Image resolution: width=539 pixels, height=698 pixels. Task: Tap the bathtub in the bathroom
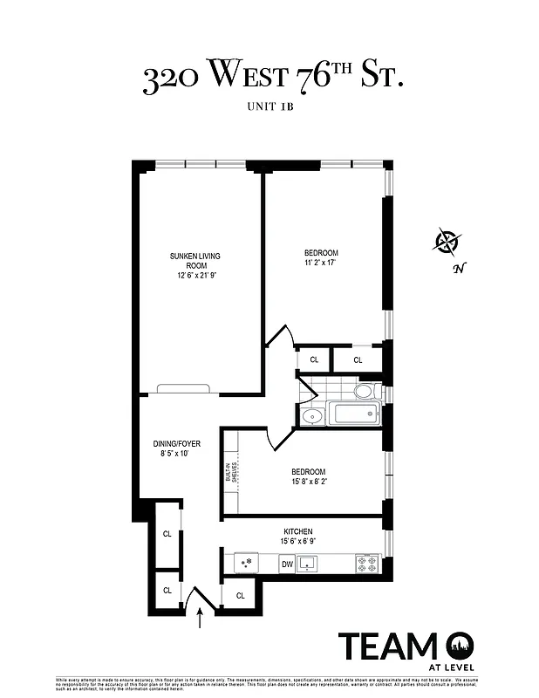pos(353,413)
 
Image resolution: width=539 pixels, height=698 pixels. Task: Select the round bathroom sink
pos(311,415)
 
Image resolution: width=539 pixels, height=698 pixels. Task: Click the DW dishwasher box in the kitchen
pos(287,565)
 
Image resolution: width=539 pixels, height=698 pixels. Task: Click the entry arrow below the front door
pos(201,619)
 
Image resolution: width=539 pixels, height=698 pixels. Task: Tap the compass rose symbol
pos(447,240)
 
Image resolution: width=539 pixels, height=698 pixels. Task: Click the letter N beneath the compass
pos(457,269)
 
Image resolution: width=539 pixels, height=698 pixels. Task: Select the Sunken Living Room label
pos(195,261)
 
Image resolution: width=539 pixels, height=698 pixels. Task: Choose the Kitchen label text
pos(297,531)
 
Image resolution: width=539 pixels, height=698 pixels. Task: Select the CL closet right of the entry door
pos(240,595)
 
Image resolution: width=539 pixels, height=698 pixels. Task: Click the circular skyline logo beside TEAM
pos(459,647)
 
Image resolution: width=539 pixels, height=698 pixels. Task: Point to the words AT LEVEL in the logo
pos(455,667)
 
